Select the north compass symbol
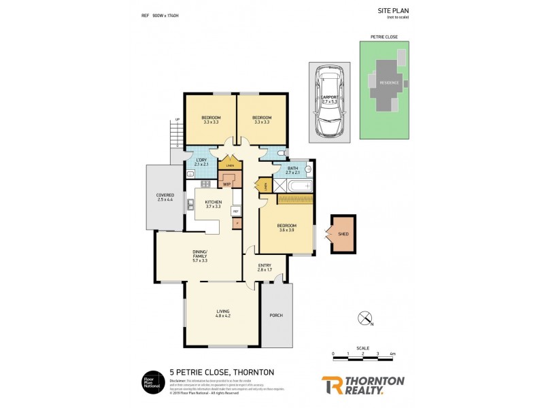(x=367, y=318)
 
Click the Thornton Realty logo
(x=362, y=384)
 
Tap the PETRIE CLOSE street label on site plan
(x=384, y=37)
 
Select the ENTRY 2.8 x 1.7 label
(x=265, y=267)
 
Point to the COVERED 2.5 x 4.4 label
(x=165, y=197)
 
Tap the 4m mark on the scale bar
(x=394, y=354)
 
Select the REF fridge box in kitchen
(x=236, y=211)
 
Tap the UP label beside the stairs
(x=178, y=120)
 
